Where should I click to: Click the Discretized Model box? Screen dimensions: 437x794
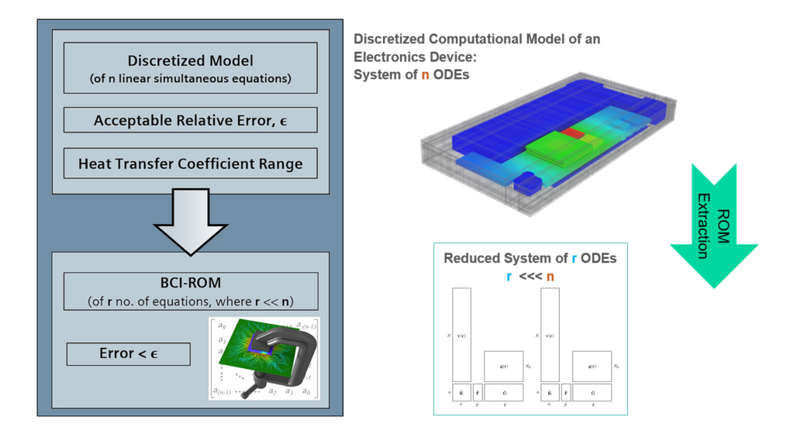(x=190, y=68)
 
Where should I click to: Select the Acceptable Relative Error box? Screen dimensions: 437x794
(x=190, y=120)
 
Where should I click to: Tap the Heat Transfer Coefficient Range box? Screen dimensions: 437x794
(x=190, y=163)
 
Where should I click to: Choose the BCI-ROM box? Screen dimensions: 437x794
(x=190, y=291)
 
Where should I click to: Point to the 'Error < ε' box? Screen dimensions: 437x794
(x=128, y=354)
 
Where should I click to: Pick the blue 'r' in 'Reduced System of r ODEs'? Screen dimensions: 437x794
(x=574, y=258)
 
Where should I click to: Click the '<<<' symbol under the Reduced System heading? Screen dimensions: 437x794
(x=529, y=276)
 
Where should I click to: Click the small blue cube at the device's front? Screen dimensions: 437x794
(x=529, y=185)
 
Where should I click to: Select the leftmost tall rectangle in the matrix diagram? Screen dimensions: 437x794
(x=461, y=334)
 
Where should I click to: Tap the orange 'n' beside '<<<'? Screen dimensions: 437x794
(x=550, y=276)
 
